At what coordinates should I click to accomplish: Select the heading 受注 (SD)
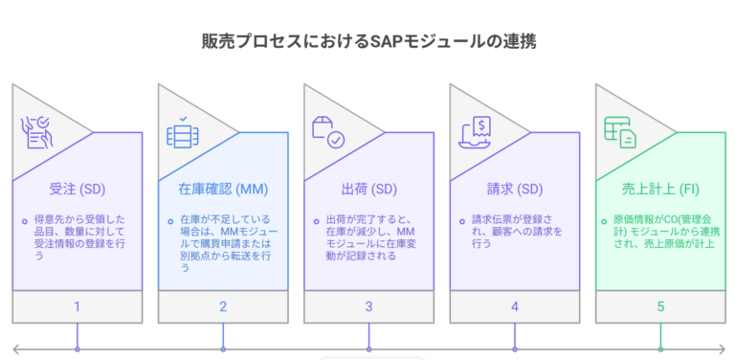pos(77,188)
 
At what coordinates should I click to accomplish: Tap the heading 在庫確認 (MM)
pos(223,188)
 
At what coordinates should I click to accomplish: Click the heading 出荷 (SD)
pos(368,188)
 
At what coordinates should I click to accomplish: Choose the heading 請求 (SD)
pos(515,188)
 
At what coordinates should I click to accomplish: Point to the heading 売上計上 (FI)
pos(660,188)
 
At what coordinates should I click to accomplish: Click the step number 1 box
pos(77,307)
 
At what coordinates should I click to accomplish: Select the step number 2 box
pos(223,307)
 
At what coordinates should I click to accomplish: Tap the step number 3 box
pos(368,307)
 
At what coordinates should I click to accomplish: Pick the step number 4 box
pos(515,307)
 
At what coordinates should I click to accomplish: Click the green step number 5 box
pos(660,307)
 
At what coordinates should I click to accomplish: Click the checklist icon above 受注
pos(35,132)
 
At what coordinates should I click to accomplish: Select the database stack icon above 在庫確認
pos(181,132)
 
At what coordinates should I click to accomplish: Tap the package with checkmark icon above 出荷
pos(327,132)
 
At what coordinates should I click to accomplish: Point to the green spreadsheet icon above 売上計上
pos(620,132)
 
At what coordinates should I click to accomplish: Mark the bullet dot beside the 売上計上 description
pos(609,220)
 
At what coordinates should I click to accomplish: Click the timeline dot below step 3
pos(368,348)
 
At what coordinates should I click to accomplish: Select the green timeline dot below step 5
pos(660,348)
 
